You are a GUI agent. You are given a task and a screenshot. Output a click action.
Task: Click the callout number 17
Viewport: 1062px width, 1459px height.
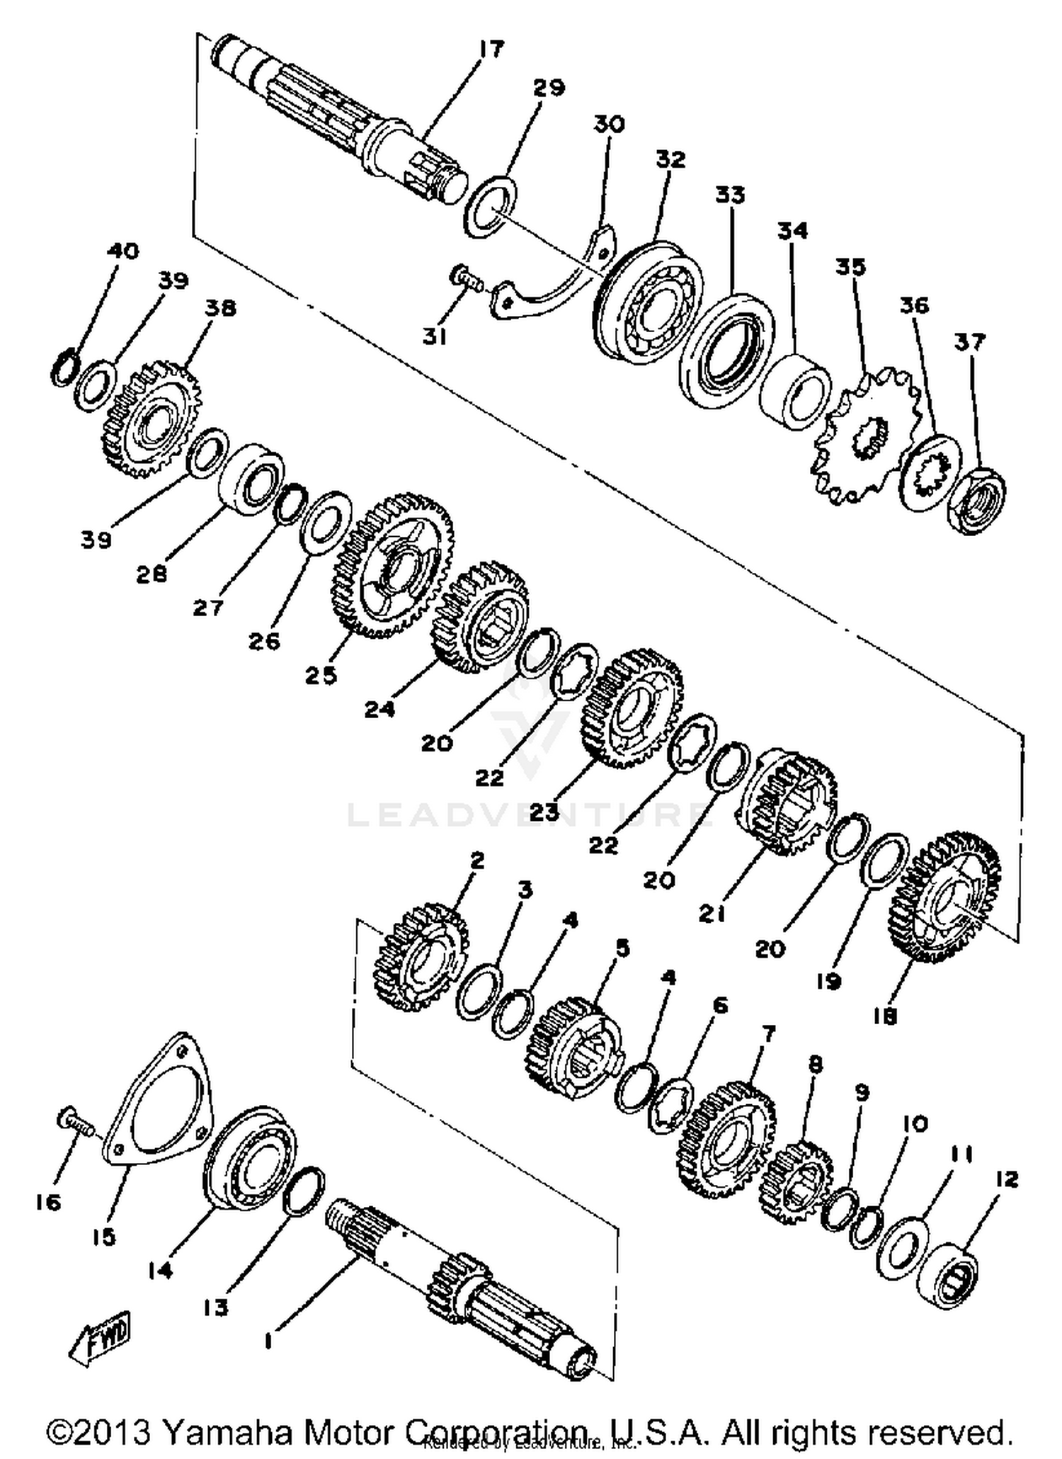pyautogui.click(x=491, y=50)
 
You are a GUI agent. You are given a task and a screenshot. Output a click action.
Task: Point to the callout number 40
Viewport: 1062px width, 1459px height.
pyautogui.click(x=123, y=251)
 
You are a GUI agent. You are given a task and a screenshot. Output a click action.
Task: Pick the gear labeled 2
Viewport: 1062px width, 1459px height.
pyautogui.click(x=418, y=957)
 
